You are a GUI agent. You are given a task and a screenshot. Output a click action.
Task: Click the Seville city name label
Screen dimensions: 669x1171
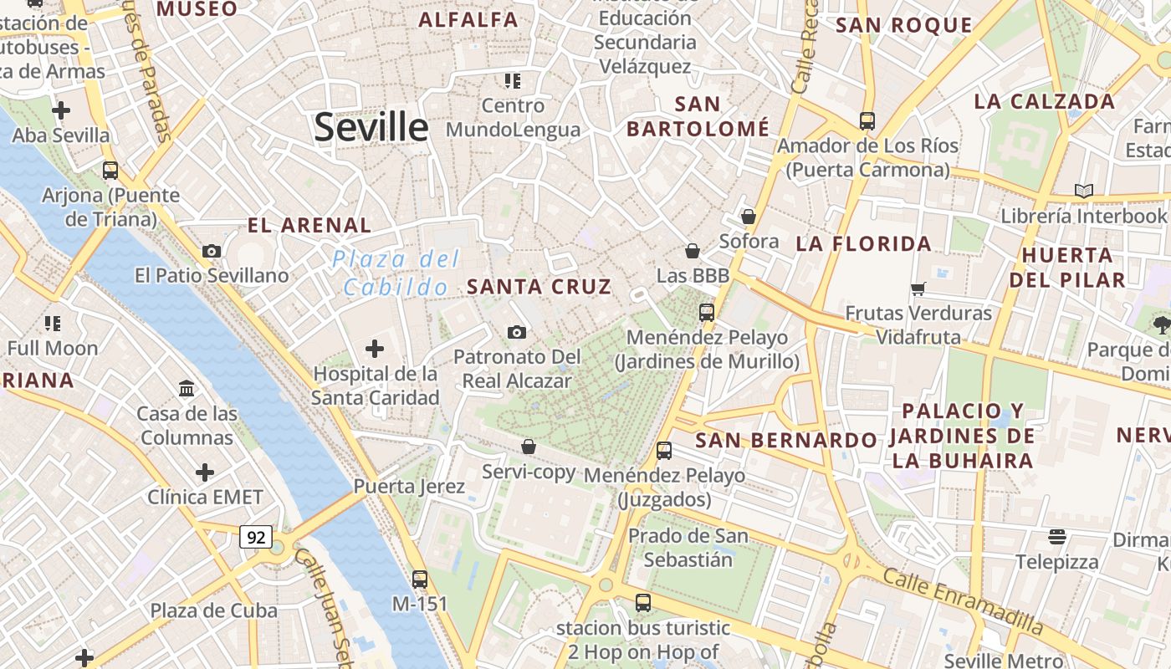(x=371, y=127)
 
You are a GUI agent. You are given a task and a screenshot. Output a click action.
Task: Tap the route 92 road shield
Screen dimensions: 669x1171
(x=256, y=537)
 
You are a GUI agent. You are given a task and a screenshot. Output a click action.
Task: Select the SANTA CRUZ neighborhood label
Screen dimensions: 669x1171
(x=539, y=287)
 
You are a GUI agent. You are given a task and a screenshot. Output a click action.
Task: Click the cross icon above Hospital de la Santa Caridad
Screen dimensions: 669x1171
(x=375, y=349)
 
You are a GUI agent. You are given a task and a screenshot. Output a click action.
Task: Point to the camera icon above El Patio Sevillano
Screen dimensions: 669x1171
(x=212, y=251)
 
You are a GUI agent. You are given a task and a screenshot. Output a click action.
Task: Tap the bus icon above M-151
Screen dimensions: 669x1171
(x=420, y=579)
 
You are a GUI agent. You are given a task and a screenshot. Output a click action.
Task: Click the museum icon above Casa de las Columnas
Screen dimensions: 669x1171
(x=187, y=389)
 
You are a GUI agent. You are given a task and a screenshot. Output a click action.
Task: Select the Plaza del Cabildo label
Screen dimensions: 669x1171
(x=396, y=273)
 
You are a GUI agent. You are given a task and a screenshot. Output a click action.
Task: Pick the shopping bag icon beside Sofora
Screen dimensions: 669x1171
(x=749, y=217)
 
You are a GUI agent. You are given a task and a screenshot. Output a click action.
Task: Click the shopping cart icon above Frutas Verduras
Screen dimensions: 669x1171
(x=918, y=289)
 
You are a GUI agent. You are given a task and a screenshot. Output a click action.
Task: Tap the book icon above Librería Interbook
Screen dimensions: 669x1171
(x=1083, y=192)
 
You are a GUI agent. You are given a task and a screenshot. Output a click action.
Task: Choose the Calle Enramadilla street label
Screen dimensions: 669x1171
(x=963, y=601)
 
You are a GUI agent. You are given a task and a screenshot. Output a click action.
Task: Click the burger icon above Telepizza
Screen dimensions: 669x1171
(x=1057, y=537)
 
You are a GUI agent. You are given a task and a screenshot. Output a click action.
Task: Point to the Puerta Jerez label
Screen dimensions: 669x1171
(x=408, y=486)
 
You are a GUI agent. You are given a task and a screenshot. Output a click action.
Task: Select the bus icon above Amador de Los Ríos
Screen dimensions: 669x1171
(x=867, y=121)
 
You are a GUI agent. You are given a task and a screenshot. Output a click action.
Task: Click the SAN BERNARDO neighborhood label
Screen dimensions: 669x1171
(x=786, y=440)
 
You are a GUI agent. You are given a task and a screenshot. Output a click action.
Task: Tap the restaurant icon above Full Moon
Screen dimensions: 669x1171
(x=53, y=324)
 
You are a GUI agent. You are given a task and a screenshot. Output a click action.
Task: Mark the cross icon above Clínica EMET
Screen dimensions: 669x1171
(x=205, y=472)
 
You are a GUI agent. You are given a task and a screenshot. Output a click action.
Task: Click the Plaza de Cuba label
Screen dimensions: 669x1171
(x=213, y=610)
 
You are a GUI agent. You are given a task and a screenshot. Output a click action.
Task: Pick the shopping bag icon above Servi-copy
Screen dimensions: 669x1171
(x=529, y=447)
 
